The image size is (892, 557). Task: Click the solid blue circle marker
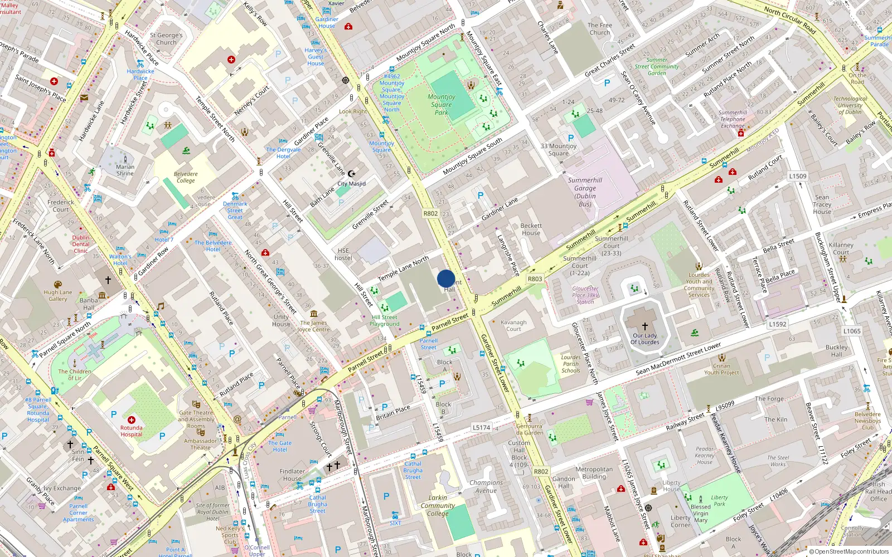(x=446, y=278)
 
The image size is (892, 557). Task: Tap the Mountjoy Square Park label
(x=442, y=104)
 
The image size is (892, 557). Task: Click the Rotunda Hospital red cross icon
(x=131, y=420)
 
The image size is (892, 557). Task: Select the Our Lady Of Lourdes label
(x=645, y=339)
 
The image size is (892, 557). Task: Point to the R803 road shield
(x=535, y=279)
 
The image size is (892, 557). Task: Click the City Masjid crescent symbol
(x=351, y=174)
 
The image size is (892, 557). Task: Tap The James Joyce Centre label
(x=313, y=326)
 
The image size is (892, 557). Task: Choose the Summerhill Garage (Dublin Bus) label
(x=585, y=192)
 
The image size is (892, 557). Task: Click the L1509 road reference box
(x=797, y=176)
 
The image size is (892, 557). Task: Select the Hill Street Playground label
(x=385, y=320)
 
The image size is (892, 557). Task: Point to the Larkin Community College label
(x=438, y=506)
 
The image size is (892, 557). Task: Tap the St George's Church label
(x=166, y=38)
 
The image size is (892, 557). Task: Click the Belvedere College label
(x=186, y=177)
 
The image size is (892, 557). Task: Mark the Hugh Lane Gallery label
(x=58, y=295)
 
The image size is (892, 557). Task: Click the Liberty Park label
(x=719, y=501)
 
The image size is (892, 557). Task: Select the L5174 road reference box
(x=481, y=428)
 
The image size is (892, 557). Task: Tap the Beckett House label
(x=531, y=229)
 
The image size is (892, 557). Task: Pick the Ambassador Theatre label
(x=201, y=444)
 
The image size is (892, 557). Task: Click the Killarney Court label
(x=841, y=248)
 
